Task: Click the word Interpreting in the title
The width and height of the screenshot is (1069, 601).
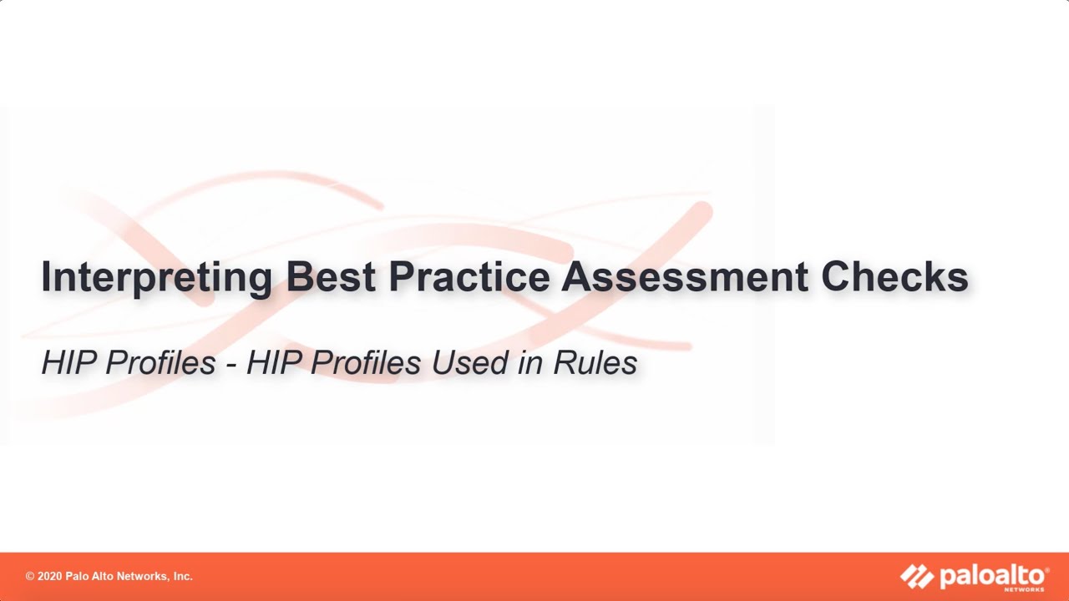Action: coord(156,278)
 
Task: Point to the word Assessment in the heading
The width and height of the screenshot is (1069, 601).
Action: coord(685,276)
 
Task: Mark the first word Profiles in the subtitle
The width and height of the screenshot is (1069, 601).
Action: coord(155,363)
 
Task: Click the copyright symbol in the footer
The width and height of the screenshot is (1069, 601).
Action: coord(29,577)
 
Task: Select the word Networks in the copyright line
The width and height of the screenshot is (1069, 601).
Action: coord(139,577)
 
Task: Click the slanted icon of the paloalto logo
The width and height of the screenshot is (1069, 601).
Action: coord(917,576)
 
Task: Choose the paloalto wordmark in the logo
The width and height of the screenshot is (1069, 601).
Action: coord(991,575)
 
